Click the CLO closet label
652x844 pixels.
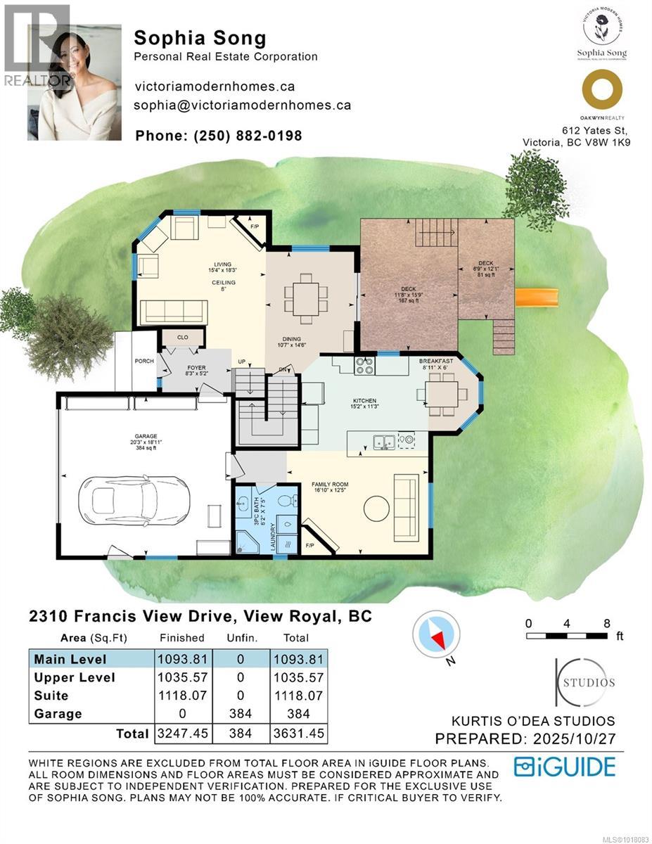point(183,338)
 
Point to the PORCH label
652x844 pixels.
point(144,362)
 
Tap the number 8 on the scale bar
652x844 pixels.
point(606,622)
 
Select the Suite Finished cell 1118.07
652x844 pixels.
point(181,696)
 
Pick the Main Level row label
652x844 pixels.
point(70,659)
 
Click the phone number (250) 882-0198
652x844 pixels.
point(218,136)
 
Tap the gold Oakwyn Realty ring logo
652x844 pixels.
point(602,92)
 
